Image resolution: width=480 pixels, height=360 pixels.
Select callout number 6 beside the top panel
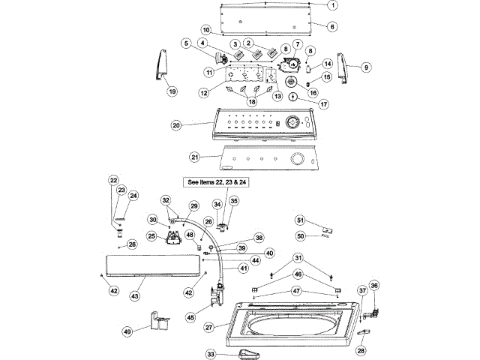333,25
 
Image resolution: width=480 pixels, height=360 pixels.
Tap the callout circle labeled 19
172,91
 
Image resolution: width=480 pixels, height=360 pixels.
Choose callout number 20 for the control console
177,126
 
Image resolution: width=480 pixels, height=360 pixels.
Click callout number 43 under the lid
136,297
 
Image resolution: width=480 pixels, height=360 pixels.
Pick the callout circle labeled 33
212,353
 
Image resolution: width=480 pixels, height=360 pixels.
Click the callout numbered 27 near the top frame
209,328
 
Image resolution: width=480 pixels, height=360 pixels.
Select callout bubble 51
301,220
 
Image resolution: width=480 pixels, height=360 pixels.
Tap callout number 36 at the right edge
375,285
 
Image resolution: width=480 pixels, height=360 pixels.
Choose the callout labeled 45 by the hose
190,317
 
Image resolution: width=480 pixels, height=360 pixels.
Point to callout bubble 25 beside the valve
151,236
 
